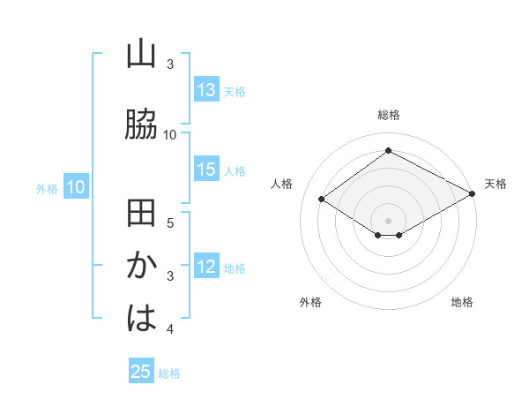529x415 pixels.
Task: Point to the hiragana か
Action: point(141,267)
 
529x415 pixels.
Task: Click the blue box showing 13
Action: point(206,90)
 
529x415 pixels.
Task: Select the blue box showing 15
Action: point(206,170)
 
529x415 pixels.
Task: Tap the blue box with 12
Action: point(206,268)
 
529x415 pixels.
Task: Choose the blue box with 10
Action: point(76,187)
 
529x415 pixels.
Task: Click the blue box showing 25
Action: point(141,372)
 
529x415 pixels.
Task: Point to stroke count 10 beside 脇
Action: point(170,134)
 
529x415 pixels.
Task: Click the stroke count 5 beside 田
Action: point(170,222)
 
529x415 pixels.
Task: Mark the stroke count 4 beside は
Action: point(170,329)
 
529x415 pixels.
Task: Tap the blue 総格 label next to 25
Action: point(169,373)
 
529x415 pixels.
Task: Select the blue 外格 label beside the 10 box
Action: point(47,188)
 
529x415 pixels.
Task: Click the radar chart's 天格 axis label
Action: point(495,184)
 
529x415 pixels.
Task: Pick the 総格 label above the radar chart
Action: point(388,115)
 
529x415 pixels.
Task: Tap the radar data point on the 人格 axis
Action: point(322,200)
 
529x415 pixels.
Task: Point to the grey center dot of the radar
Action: point(388,220)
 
